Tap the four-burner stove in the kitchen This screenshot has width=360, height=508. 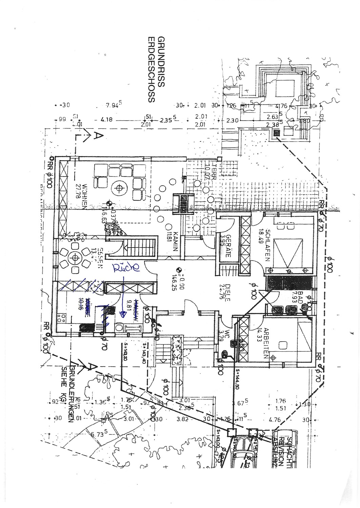coord(62,318)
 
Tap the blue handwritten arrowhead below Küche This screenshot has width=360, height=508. coord(123,314)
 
